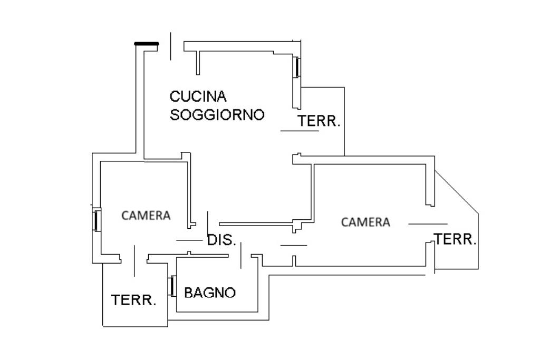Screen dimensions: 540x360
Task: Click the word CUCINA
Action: click(x=198, y=96)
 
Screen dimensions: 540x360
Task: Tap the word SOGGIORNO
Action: click(x=217, y=114)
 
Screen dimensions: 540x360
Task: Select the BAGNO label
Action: click(x=210, y=293)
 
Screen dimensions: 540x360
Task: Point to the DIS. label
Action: click(x=222, y=240)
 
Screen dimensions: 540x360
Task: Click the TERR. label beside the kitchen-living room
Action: click(x=319, y=121)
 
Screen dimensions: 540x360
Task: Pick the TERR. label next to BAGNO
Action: click(x=133, y=300)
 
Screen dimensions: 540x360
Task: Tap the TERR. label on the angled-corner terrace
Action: click(x=455, y=239)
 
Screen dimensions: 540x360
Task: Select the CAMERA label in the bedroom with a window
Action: click(x=146, y=216)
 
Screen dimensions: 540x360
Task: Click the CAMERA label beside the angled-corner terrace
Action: click(x=366, y=222)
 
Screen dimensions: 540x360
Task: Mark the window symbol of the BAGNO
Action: click(x=172, y=286)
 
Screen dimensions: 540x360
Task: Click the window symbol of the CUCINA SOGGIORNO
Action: click(x=297, y=67)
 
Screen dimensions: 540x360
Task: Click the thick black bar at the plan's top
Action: click(x=147, y=44)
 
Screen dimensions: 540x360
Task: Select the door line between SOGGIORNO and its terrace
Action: click(x=300, y=131)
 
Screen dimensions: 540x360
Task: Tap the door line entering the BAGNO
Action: click(x=240, y=255)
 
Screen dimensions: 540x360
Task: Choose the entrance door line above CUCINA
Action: click(x=170, y=46)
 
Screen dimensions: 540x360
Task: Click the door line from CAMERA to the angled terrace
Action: click(x=428, y=224)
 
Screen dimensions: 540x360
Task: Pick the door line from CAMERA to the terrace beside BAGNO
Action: click(x=134, y=261)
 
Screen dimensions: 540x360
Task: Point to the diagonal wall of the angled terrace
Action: click(x=456, y=192)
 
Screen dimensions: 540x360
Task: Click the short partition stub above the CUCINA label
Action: click(x=198, y=63)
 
